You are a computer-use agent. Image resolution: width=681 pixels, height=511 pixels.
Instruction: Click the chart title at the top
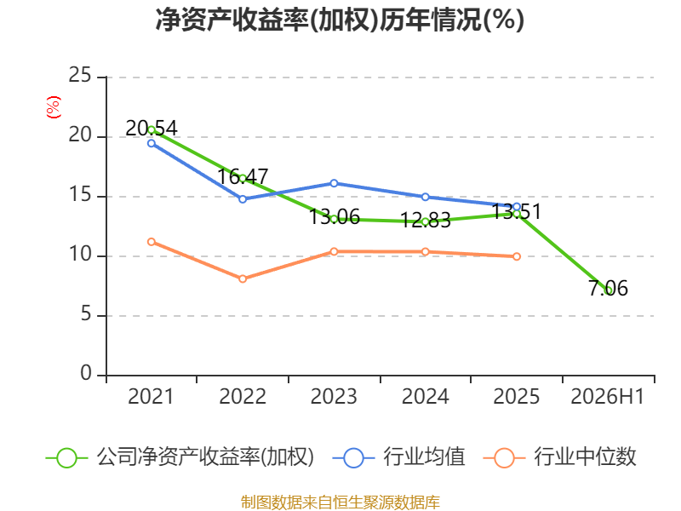click(340, 20)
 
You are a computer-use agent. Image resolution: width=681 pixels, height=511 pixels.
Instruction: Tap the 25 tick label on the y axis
click(80, 75)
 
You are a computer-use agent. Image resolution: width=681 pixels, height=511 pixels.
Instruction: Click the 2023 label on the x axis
click(334, 396)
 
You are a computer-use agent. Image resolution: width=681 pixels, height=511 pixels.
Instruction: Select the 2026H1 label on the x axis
click(608, 396)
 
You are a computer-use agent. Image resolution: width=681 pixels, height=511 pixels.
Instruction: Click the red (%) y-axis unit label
click(54, 107)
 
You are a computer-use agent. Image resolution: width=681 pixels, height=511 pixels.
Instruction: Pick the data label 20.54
click(152, 129)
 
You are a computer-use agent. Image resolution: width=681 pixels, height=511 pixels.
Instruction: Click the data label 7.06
click(608, 288)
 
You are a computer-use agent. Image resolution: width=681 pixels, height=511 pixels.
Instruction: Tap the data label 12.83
click(425, 221)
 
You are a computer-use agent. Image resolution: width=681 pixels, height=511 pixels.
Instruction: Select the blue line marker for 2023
click(334, 183)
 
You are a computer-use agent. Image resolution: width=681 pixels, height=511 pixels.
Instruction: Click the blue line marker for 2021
click(152, 143)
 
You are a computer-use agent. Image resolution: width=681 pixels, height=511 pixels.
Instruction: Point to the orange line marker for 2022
click(243, 278)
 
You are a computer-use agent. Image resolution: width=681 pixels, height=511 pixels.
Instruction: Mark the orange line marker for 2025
click(517, 256)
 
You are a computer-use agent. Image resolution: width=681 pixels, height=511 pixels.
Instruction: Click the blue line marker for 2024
click(426, 197)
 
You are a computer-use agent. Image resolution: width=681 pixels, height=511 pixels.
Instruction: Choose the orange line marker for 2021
click(152, 242)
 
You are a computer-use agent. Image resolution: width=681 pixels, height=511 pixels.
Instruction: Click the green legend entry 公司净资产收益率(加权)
click(180, 457)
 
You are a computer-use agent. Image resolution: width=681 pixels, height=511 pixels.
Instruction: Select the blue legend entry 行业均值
click(398, 457)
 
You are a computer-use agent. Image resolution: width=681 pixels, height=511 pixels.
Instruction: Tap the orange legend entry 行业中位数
click(560, 457)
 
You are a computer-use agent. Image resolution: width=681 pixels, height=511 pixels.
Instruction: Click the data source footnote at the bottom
click(340, 502)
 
